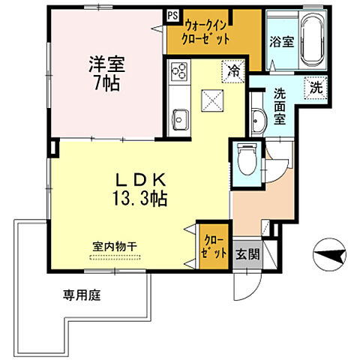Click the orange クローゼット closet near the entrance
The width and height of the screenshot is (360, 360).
coord(214,246)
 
